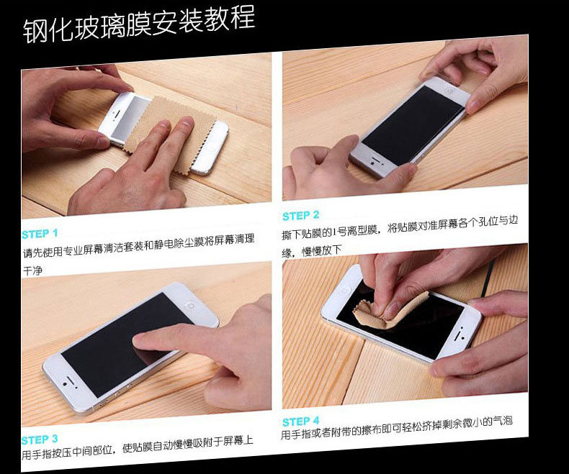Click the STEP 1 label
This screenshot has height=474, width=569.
coord(40,234)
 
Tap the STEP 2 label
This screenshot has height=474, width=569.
coord(301,216)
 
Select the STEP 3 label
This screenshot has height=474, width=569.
coord(40,439)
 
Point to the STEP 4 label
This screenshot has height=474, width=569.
coord(301,421)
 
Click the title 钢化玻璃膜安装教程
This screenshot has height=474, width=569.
coord(138,24)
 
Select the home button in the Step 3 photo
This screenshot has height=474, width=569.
coord(190,306)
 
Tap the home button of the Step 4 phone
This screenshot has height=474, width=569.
coord(344,290)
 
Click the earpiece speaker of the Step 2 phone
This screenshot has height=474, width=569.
coord(375,160)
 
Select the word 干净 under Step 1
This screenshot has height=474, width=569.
coord(32,270)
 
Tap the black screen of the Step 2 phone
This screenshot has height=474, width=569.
coord(413,124)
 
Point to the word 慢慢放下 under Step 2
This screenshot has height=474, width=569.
coord(322,250)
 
